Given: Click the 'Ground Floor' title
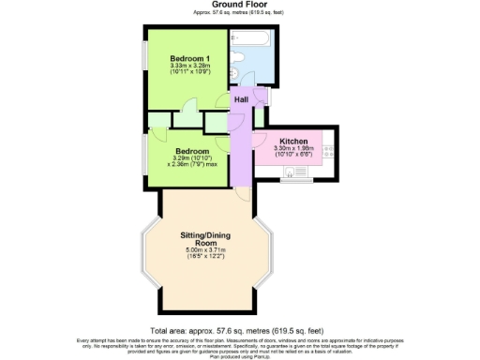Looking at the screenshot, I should click(239, 5).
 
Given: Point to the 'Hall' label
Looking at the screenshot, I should click(241, 98).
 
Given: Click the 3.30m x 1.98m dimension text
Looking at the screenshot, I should click(293, 148).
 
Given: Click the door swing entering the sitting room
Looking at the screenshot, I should click(243, 193).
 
